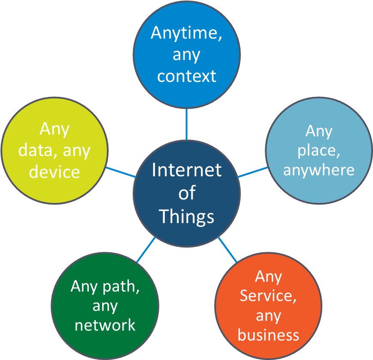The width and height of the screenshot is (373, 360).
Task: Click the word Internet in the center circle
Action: pos(186,170)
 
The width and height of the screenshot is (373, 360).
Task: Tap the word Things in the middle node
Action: pos(186,217)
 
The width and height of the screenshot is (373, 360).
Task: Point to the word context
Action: pos(186,76)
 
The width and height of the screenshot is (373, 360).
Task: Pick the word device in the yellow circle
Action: pos(55,172)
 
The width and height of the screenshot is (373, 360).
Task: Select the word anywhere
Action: pos(318,170)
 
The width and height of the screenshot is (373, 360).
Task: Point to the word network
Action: pos(105,325)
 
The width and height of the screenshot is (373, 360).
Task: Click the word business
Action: pos(268,335)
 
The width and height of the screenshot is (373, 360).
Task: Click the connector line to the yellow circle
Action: pos(121,172)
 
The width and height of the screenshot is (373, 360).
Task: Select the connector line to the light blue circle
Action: pos(252,172)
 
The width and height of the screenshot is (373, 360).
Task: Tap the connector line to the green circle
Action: pos(146,249)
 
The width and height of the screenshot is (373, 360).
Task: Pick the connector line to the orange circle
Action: pos(227,249)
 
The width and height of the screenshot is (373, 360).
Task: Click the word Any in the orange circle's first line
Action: pos(268,277)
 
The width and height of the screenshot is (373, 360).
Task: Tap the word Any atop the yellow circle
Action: pos(55,129)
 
